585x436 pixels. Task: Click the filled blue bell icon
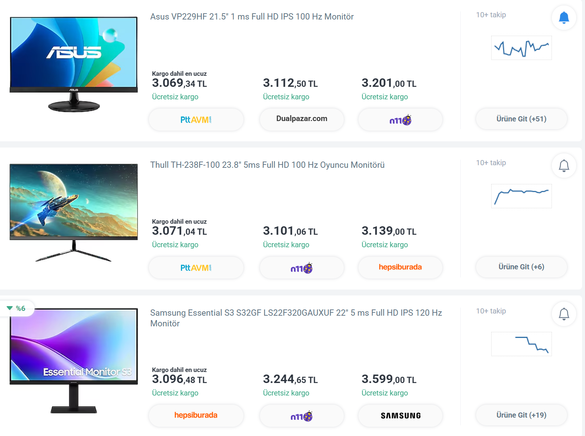(x=564, y=18)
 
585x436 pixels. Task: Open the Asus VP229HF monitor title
(x=252, y=17)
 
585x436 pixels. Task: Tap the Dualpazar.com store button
(x=302, y=119)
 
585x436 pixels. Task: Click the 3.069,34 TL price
(x=179, y=83)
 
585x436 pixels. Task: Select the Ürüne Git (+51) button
(x=521, y=119)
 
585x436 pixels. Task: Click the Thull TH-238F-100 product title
(x=267, y=165)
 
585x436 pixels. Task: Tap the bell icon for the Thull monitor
(x=564, y=166)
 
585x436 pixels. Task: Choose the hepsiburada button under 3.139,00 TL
(x=400, y=267)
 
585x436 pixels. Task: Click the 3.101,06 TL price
(x=290, y=231)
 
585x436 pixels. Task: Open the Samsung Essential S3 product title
(x=296, y=318)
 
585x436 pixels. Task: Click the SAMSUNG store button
(x=400, y=416)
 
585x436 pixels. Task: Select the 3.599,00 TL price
(x=389, y=379)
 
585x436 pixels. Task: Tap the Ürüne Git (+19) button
(x=521, y=415)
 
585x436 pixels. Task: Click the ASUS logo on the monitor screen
(x=74, y=52)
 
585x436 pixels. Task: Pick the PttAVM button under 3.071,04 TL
(x=196, y=268)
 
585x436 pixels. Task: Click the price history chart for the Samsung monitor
(x=521, y=344)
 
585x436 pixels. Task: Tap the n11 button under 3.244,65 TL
(x=302, y=416)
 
